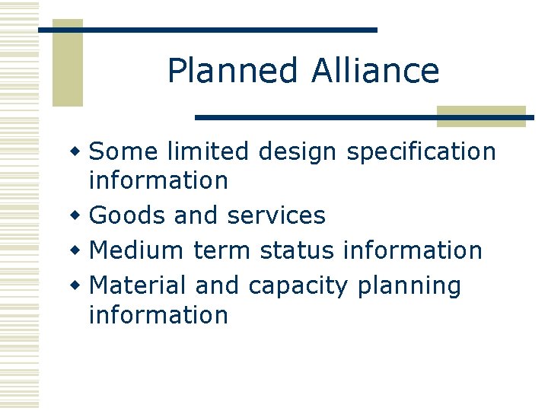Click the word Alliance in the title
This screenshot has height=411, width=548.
click(x=375, y=72)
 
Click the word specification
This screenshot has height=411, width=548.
click(x=421, y=153)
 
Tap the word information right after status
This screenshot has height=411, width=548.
click(x=413, y=250)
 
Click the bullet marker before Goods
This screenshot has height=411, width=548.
click(x=75, y=216)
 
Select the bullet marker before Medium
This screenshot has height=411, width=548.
click(x=75, y=250)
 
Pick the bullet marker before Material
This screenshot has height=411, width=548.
click(x=75, y=286)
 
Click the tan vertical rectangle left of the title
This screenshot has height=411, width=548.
click(x=67, y=62)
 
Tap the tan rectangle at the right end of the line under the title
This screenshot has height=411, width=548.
click(x=481, y=116)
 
